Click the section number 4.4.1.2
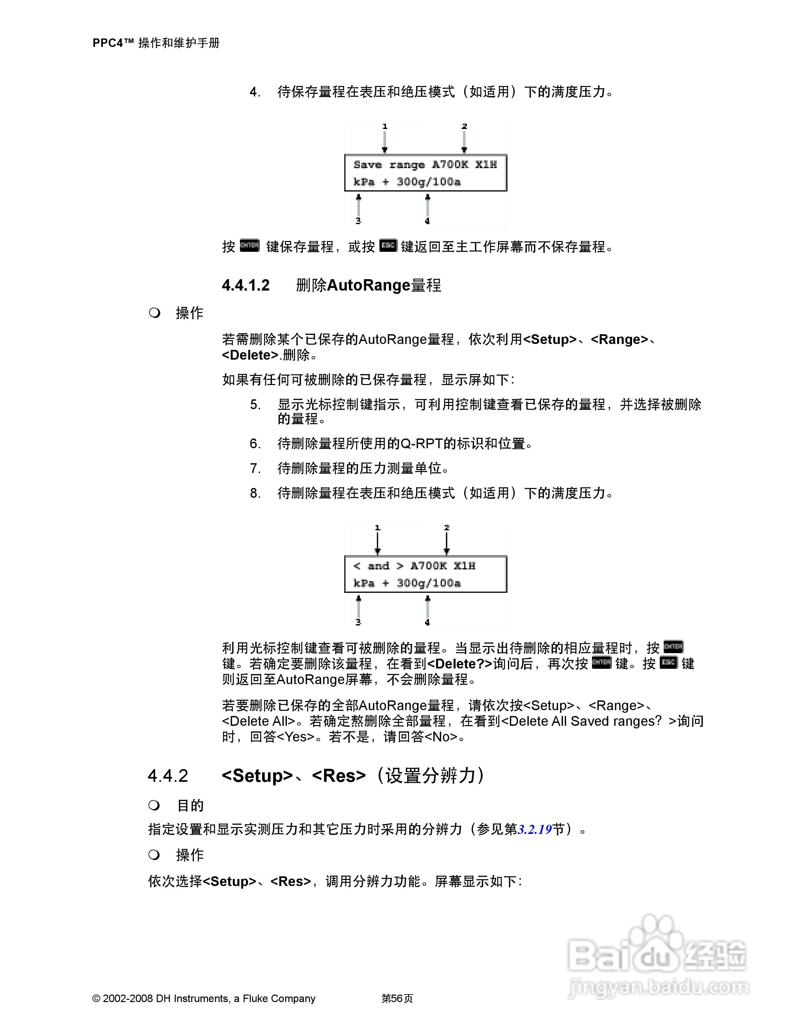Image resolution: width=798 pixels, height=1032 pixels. (x=245, y=285)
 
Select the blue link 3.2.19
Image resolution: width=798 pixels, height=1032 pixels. (x=535, y=829)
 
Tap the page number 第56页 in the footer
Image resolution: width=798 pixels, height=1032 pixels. (x=397, y=998)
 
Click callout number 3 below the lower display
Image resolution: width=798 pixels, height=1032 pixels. (x=358, y=622)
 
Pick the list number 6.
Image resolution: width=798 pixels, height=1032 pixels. (x=255, y=444)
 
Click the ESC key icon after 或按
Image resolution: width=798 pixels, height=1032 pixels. (x=388, y=246)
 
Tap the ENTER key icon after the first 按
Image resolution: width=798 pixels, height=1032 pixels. (x=250, y=246)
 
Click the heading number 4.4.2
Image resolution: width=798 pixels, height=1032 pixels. (x=168, y=776)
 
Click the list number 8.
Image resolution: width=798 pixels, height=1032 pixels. (x=255, y=493)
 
